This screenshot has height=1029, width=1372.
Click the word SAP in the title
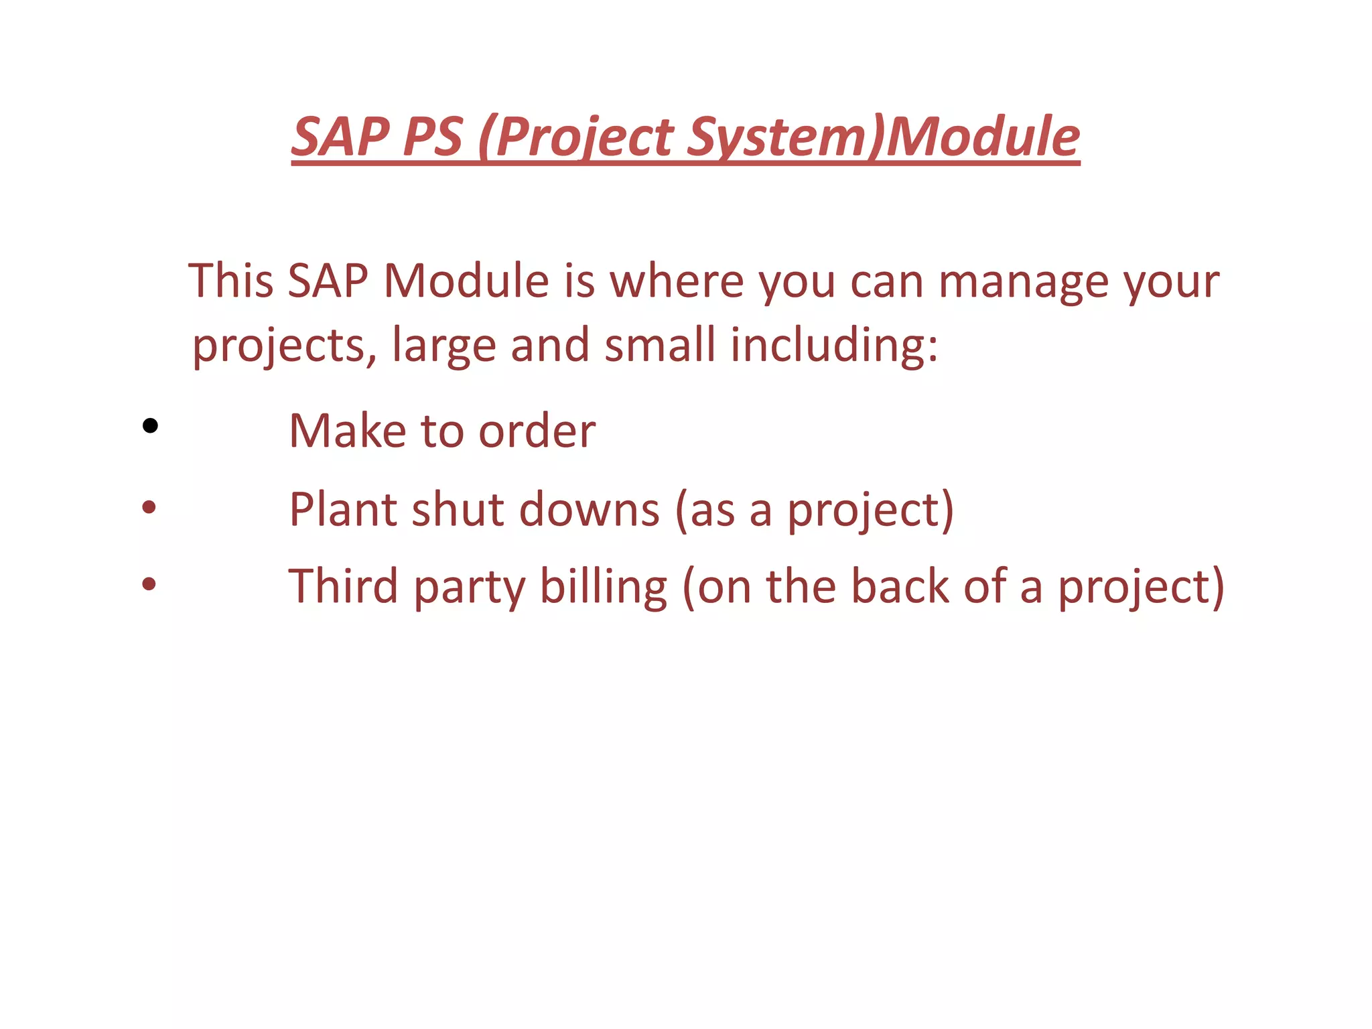[341, 137]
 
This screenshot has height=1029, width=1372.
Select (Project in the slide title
[577, 138]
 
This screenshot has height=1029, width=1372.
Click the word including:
[834, 346]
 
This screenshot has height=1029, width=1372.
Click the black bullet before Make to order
[150, 425]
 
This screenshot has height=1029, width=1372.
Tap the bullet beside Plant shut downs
[149, 507]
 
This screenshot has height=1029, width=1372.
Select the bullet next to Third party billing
[149, 584]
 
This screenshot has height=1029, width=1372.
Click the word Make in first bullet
[347, 430]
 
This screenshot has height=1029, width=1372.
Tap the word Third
[343, 586]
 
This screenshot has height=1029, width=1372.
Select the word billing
[604, 587]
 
